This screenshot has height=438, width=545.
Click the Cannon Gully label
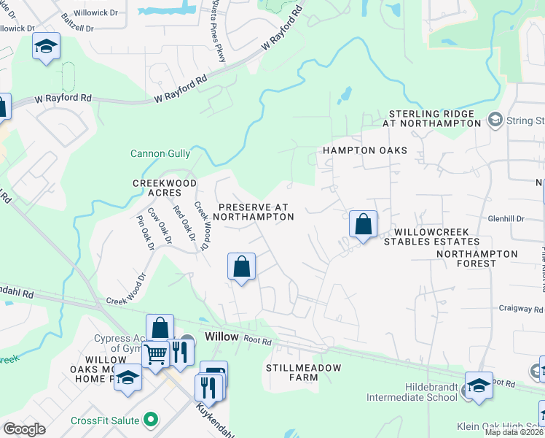pyautogui.click(x=160, y=153)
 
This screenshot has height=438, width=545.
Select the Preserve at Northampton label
pyautogui.click(x=255, y=212)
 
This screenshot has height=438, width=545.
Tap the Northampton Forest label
pyautogui.click(x=477, y=260)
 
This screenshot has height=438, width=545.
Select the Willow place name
pyautogui.click(x=221, y=337)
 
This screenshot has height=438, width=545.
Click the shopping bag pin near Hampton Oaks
pyautogui.click(x=363, y=224)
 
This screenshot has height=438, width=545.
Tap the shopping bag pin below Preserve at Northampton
pyautogui.click(x=241, y=266)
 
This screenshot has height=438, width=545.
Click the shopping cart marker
pyautogui.click(x=155, y=355)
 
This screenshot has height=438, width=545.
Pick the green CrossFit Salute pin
pyautogui.click(x=151, y=420)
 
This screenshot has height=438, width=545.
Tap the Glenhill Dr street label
pyautogui.click(x=506, y=218)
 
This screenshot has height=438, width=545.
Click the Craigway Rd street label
pyautogui.click(x=517, y=310)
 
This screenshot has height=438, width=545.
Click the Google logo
pyautogui.click(x=24, y=429)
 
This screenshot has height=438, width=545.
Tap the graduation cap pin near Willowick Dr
pyautogui.click(x=46, y=47)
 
